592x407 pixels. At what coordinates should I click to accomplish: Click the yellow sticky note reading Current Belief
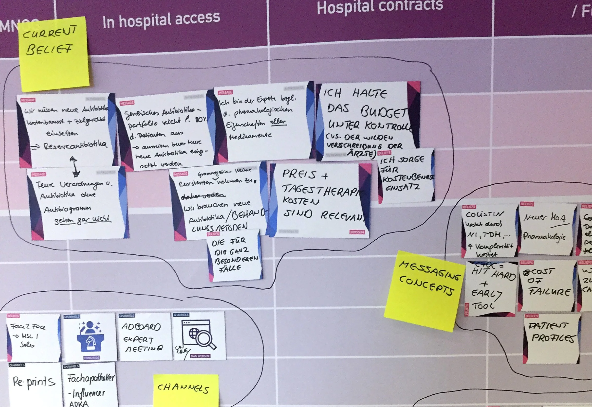coord(54,53)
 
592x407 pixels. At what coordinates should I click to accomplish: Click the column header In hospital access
coord(161,20)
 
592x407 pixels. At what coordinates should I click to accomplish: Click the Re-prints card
coord(34,383)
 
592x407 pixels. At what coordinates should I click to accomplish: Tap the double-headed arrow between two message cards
coord(74,167)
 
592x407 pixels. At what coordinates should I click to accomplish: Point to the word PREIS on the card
coord(298,175)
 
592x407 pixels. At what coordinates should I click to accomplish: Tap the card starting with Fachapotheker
coord(91,385)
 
